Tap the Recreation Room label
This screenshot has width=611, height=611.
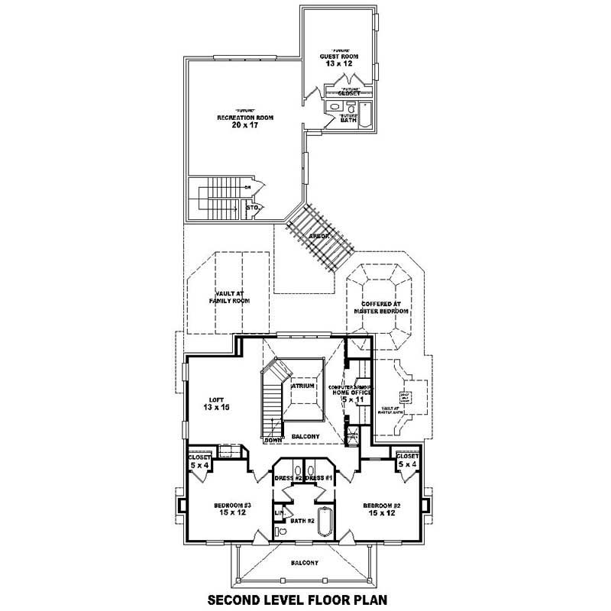(245, 121)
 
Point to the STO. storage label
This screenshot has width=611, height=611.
(252, 207)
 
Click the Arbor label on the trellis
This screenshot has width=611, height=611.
(318, 236)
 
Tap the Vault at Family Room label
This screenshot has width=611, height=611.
(230, 297)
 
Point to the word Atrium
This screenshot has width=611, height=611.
(303, 386)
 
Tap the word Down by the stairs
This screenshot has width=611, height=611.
(273, 440)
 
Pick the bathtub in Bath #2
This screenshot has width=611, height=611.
(324, 524)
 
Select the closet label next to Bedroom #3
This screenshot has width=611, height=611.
(200, 461)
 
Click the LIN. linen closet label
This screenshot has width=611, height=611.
(280, 512)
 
